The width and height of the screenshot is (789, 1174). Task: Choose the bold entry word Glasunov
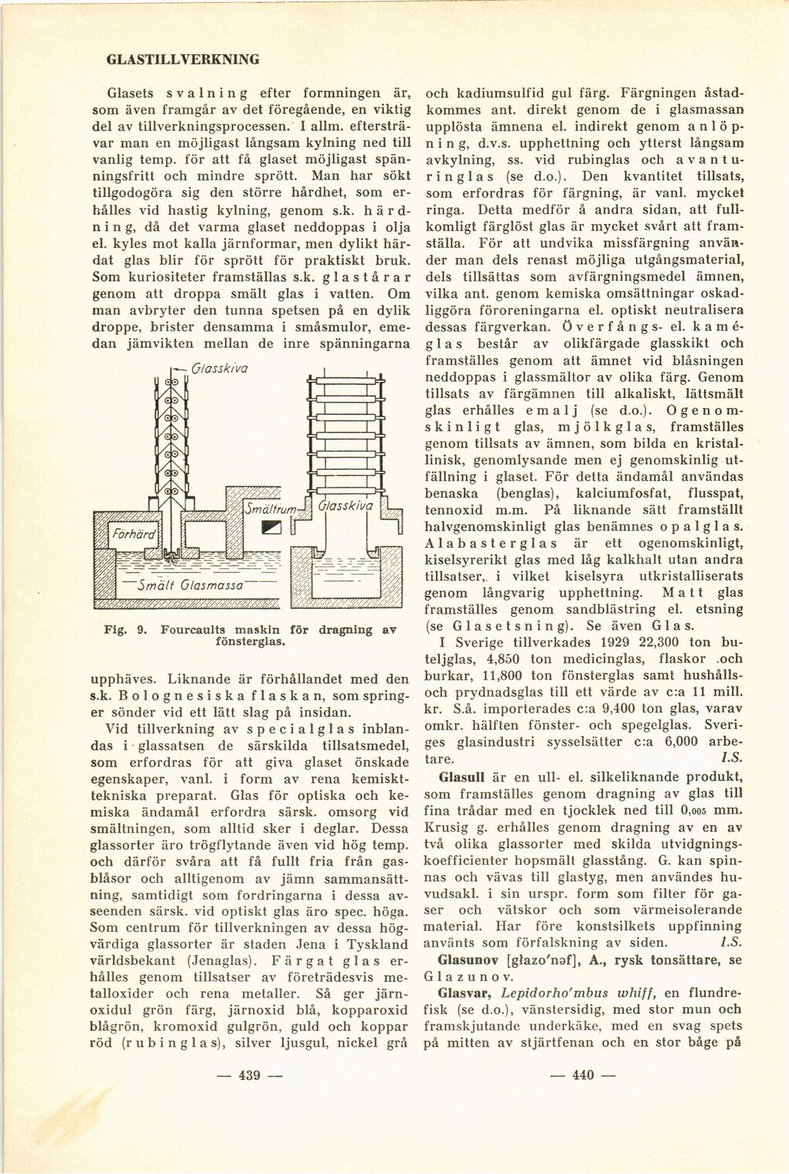466,961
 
